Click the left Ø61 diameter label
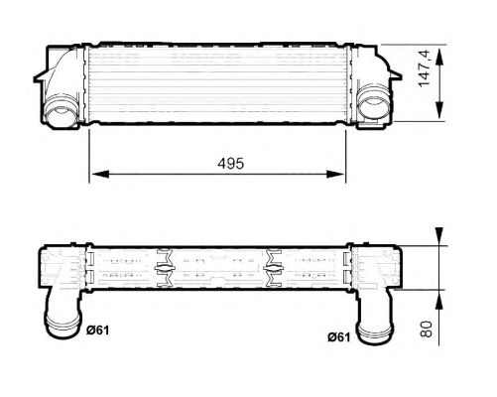pos(97,331)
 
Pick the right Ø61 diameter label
pos(341,335)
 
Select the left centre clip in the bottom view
pos(165,268)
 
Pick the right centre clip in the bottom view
pos(270,268)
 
